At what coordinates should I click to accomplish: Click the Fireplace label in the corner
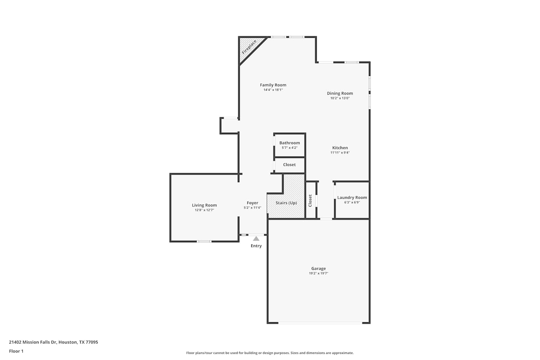coord(249,47)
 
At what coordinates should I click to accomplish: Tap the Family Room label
coord(273,85)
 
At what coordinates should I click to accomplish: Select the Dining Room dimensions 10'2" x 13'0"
coord(340,98)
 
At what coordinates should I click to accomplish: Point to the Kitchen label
coord(340,148)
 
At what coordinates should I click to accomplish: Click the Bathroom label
coord(289,143)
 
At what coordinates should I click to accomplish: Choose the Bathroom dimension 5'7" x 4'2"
coord(289,148)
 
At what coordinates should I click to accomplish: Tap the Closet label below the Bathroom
coord(289,165)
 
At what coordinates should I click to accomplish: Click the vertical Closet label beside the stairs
coord(310,201)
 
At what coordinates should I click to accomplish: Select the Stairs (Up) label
coord(286,203)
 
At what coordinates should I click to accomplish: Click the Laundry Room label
coord(352,198)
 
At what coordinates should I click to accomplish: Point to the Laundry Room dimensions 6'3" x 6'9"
coord(352,202)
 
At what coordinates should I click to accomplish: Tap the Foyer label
coord(252,203)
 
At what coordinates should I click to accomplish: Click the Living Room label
coord(204,205)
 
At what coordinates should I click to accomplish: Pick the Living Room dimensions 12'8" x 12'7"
coord(204,210)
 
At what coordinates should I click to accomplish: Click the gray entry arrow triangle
coord(256,239)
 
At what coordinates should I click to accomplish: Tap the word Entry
coord(256,246)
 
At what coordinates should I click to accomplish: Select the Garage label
coord(319,268)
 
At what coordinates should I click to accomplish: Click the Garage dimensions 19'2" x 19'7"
coord(319,273)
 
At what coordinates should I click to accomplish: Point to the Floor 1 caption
coord(16,351)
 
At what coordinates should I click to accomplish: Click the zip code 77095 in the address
coord(92,342)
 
